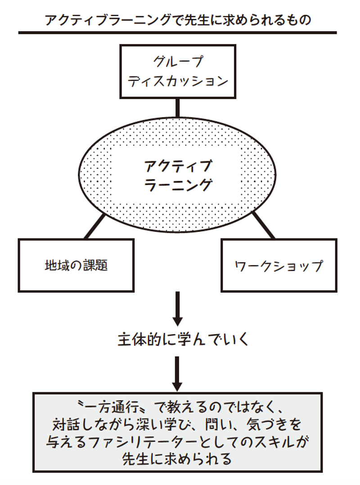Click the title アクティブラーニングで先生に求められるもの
coord(178,20)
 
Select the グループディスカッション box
coord(177,71)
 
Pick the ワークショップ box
coord(279,265)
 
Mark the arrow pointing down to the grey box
coord(177,373)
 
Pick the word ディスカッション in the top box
coord(178,81)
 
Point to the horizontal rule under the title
coord(177,33)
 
